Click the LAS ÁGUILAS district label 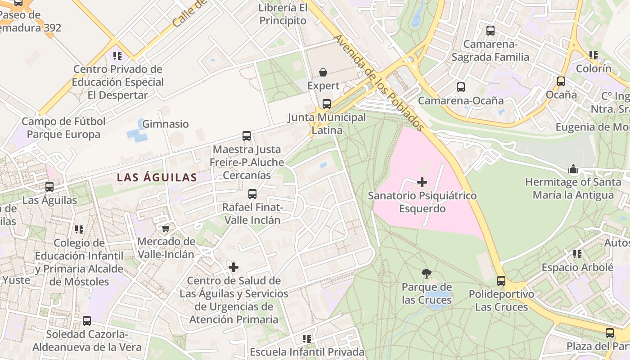pos(157,178)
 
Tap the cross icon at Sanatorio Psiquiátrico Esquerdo pos(422,182)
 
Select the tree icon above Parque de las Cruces pos(426,273)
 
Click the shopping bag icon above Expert pos(323,72)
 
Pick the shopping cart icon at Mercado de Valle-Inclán pos(166,229)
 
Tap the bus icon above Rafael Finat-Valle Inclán pos(252,194)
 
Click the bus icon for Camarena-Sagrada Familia pos(490,31)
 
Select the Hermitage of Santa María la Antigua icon pos(573,169)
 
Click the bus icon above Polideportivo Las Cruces pos(501,281)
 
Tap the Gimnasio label pos(166,124)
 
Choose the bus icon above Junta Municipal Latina pos(327,104)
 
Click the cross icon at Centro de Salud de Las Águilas pos(234,267)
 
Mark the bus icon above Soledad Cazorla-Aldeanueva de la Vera pos(87,321)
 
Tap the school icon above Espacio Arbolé pos(577,254)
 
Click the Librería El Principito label pos(283,14)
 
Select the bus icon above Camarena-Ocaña pos(460,87)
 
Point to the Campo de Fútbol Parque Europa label pos(63,128)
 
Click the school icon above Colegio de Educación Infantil pos(79,229)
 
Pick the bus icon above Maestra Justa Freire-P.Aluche pos(247,135)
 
